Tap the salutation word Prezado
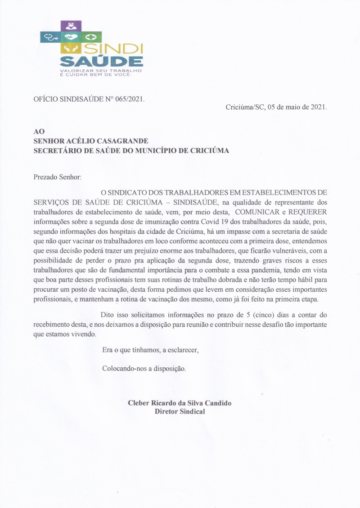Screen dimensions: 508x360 46,177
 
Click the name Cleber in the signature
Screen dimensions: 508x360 139,403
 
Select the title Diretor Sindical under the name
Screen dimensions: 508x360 180,411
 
